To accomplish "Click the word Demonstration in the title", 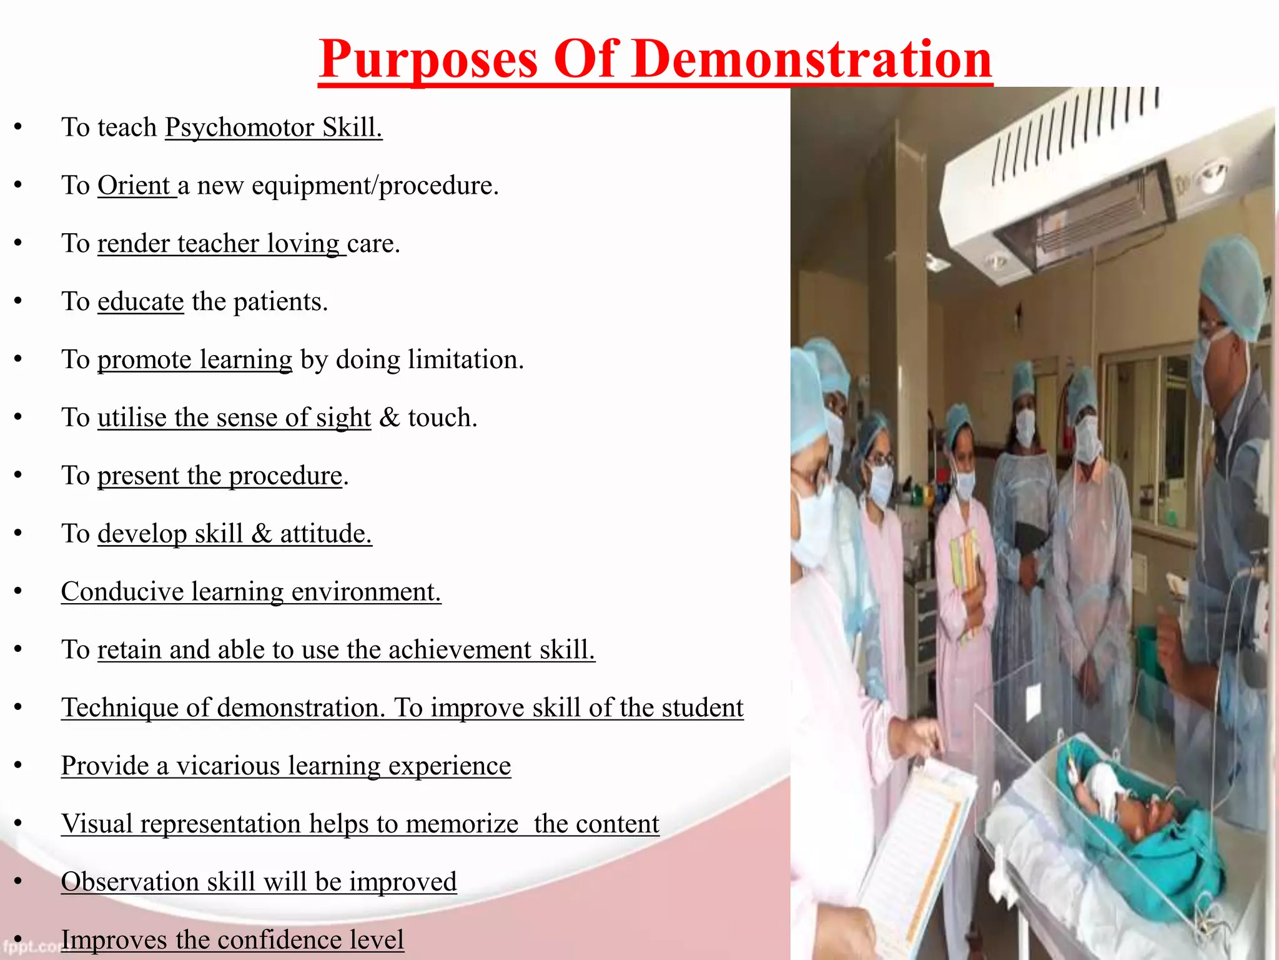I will pyautogui.click(x=812, y=59).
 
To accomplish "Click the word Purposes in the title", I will pyautogui.click(x=428, y=61).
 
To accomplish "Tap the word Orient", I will pyautogui.click(x=134, y=186).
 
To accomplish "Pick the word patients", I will pyautogui.click(x=280, y=302).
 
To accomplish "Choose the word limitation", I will pyautogui.click(x=465, y=360).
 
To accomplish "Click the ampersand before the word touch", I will pyautogui.click(x=390, y=417).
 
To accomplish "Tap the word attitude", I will pyautogui.click(x=325, y=534).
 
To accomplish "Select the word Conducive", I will pyautogui.click(x=122, y=592).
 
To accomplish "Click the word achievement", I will pyautogui.click(x=460, y=650).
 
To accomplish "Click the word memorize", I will pyautogui.click(x=462, y=824).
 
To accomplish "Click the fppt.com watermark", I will pyautogui.click(x=28, y=946).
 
